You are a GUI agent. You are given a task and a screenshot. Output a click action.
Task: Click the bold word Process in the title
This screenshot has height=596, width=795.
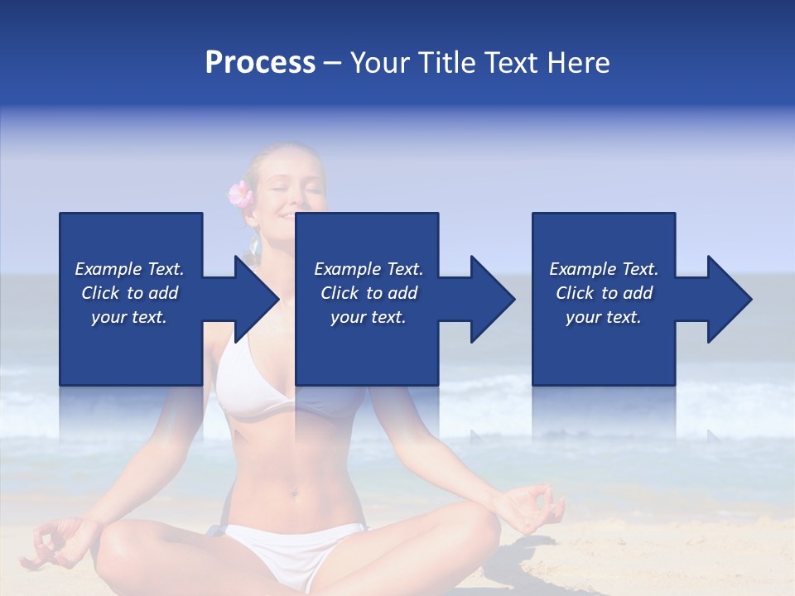point(260,63)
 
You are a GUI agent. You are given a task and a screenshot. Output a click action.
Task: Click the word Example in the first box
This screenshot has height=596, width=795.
point(108,269)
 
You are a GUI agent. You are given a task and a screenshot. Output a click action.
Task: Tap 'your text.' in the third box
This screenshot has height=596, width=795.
point(603,317)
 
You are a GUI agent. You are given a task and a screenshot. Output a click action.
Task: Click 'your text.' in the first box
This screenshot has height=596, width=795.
point(128,317)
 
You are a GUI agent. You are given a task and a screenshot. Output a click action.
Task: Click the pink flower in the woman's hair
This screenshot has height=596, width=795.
point(240,195)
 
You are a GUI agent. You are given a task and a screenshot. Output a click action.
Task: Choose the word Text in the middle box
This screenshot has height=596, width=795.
point(404,269)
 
